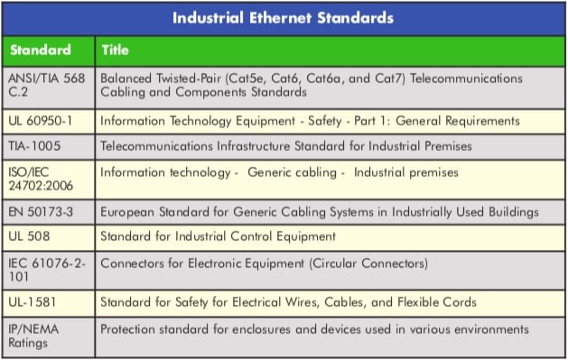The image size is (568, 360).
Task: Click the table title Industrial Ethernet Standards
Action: tap(284, 17)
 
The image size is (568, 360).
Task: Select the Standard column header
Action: tap(40, 50)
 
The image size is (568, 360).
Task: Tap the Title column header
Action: tap(115, 50)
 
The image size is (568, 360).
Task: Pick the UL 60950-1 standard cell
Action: tap(42, 120)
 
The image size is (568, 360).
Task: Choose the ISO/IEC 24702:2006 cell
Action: tap(44, 180)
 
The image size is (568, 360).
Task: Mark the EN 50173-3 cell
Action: tap(42, 212)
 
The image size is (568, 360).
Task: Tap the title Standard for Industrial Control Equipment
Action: tap(218, 236)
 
